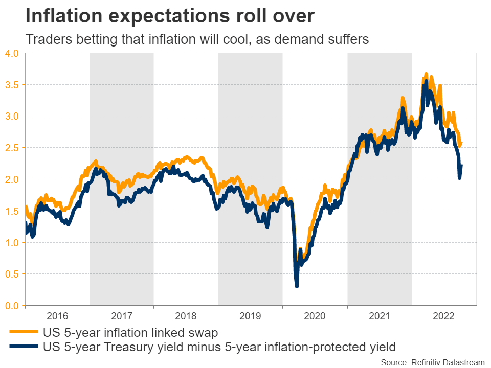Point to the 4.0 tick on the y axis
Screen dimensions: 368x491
pos(12,53)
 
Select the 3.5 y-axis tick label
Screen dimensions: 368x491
pos(12,84)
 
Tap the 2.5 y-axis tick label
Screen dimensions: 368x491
pos(12,148)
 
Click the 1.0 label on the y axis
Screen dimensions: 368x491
pos(12,243)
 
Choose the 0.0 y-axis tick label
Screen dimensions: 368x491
pos(12,306)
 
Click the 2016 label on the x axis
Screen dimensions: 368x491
pos(57,317)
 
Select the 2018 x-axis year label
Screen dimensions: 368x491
pos(186,317)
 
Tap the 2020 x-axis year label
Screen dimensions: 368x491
pos(315,317)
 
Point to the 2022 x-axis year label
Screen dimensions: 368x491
pos(443,317)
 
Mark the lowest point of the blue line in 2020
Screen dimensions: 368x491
pos(297,286)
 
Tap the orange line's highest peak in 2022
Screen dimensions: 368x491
pos(426,74)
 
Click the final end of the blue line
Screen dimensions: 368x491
pos(462,165)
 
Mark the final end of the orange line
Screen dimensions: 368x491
pos(461,143)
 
